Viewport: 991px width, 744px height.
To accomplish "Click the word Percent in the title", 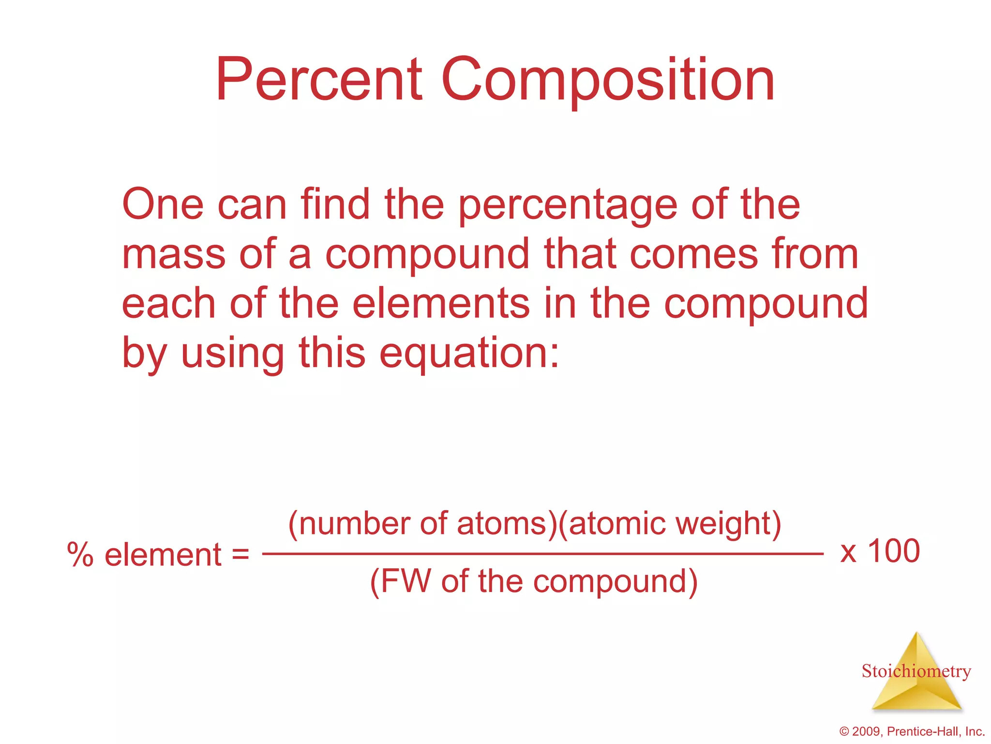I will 319,80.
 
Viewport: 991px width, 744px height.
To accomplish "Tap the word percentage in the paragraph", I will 568,206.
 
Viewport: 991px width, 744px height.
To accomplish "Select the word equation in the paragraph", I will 468,354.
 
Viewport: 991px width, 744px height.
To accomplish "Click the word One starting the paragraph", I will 163,205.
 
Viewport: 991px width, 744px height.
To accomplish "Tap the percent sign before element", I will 80,555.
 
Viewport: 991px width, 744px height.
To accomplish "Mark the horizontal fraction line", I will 542,553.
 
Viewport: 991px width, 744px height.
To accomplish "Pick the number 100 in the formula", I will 893,551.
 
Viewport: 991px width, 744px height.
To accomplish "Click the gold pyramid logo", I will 916,678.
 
